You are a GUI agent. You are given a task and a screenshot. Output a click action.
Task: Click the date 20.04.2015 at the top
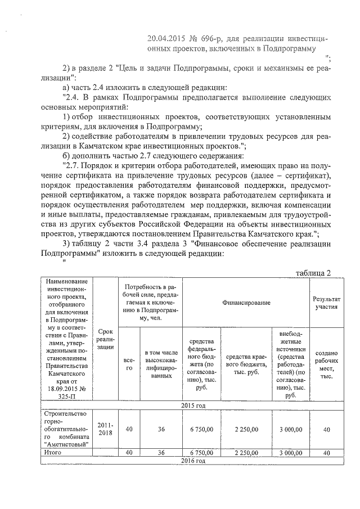[x=162, y=38]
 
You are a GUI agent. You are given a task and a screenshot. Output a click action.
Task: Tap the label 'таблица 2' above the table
[x=313, y=273]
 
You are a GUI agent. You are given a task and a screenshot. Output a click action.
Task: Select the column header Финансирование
[x=246, y=303]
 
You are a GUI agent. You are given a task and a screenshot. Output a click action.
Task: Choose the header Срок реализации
[x=105, y=340]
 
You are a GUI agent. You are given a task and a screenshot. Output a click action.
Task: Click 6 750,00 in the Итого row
[x=201, y=452]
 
